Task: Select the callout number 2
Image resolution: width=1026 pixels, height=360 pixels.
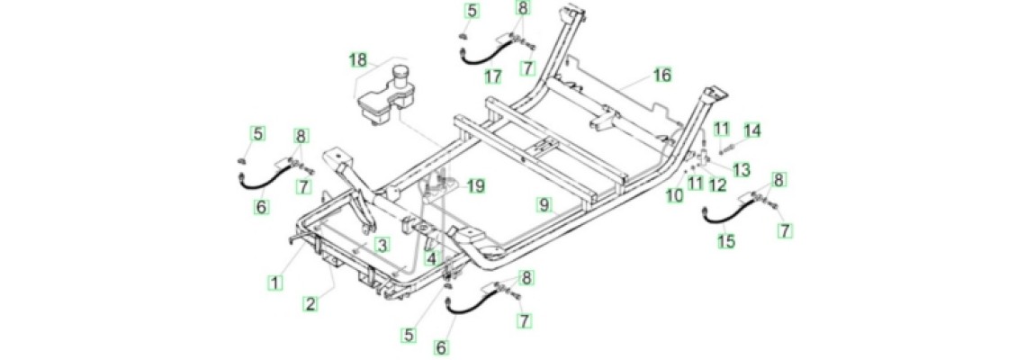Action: [310, 303]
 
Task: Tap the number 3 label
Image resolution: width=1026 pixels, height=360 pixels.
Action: [382, 246]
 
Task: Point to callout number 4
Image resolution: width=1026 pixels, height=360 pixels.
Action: [430, 258]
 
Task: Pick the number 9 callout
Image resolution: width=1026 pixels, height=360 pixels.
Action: [544, 204]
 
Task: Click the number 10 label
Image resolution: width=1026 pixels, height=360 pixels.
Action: [675, 194]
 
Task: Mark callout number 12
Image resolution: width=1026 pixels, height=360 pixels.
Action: [718, 185]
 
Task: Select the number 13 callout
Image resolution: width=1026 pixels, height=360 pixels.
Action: [742, 170]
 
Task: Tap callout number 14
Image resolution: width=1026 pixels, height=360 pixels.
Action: [752, 130]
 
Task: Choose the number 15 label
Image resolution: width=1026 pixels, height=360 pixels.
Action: [726, 241]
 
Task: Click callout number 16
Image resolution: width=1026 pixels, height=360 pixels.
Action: [662, 76]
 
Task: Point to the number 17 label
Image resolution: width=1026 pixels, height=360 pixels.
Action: [492, 77]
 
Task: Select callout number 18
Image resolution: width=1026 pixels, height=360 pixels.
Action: [358, 61]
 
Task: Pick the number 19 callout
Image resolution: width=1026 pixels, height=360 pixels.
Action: [475, 186]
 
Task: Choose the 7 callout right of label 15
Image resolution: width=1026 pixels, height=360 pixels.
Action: [785, 230]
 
